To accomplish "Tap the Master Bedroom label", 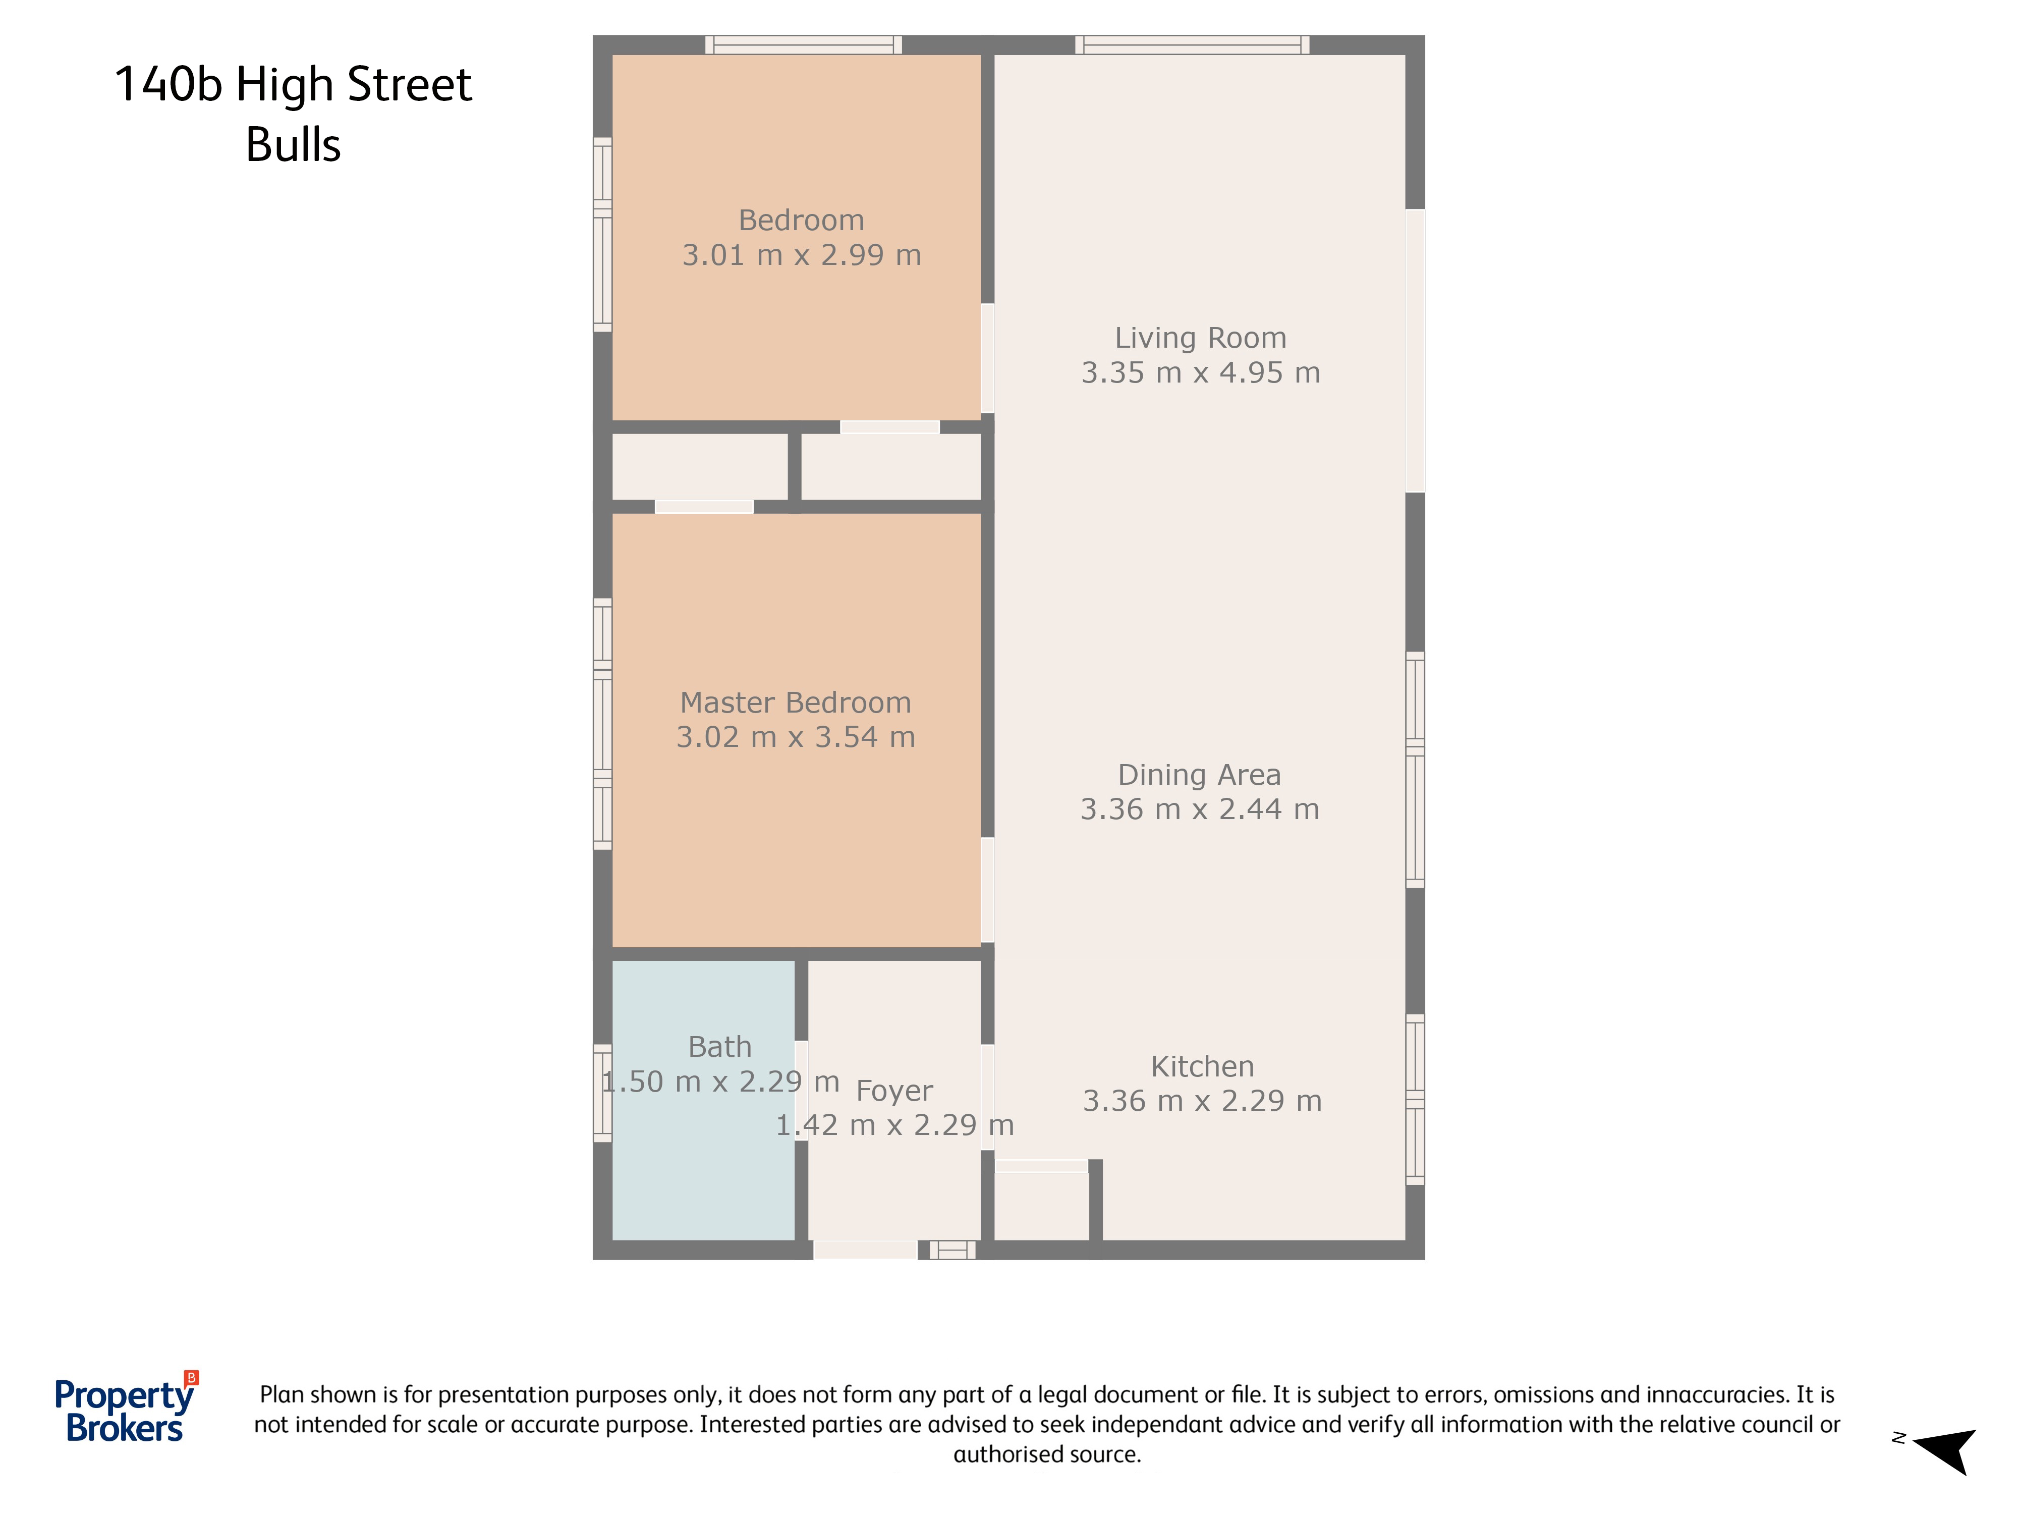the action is pyautogui.click(x=796, y=702).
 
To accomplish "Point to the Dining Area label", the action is pyautogui.click(x=1200, y=775).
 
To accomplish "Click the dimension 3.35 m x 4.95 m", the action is pyautogui.click(x=1201, y=372).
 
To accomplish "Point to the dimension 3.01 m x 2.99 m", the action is pyautogui.click(x=802, y=255).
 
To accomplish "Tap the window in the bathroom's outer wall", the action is pyautogui.click(x=602, y=1093).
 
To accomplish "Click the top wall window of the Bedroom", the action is pyautogui.click(x=803, y=45).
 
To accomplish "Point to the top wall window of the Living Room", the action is pyautogui.click(x=1192, y=45).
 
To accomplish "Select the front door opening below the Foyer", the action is pyautogui.click(x=865, y=1250).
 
